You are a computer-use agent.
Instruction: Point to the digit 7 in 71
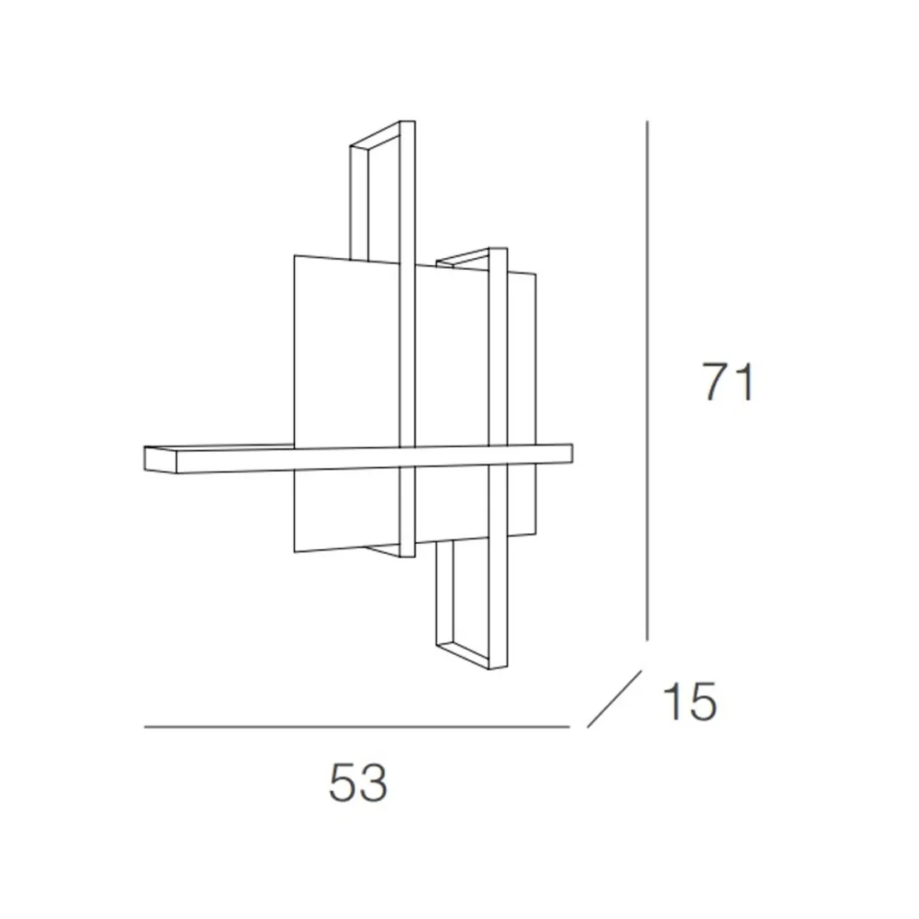tap(715, 383)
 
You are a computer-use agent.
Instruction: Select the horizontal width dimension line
tap(357, 728)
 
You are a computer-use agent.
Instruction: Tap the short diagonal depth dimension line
tap(614, 698)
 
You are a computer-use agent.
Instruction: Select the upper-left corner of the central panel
tap(295, 255)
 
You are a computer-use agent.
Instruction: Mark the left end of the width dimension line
tap(146, 728)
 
